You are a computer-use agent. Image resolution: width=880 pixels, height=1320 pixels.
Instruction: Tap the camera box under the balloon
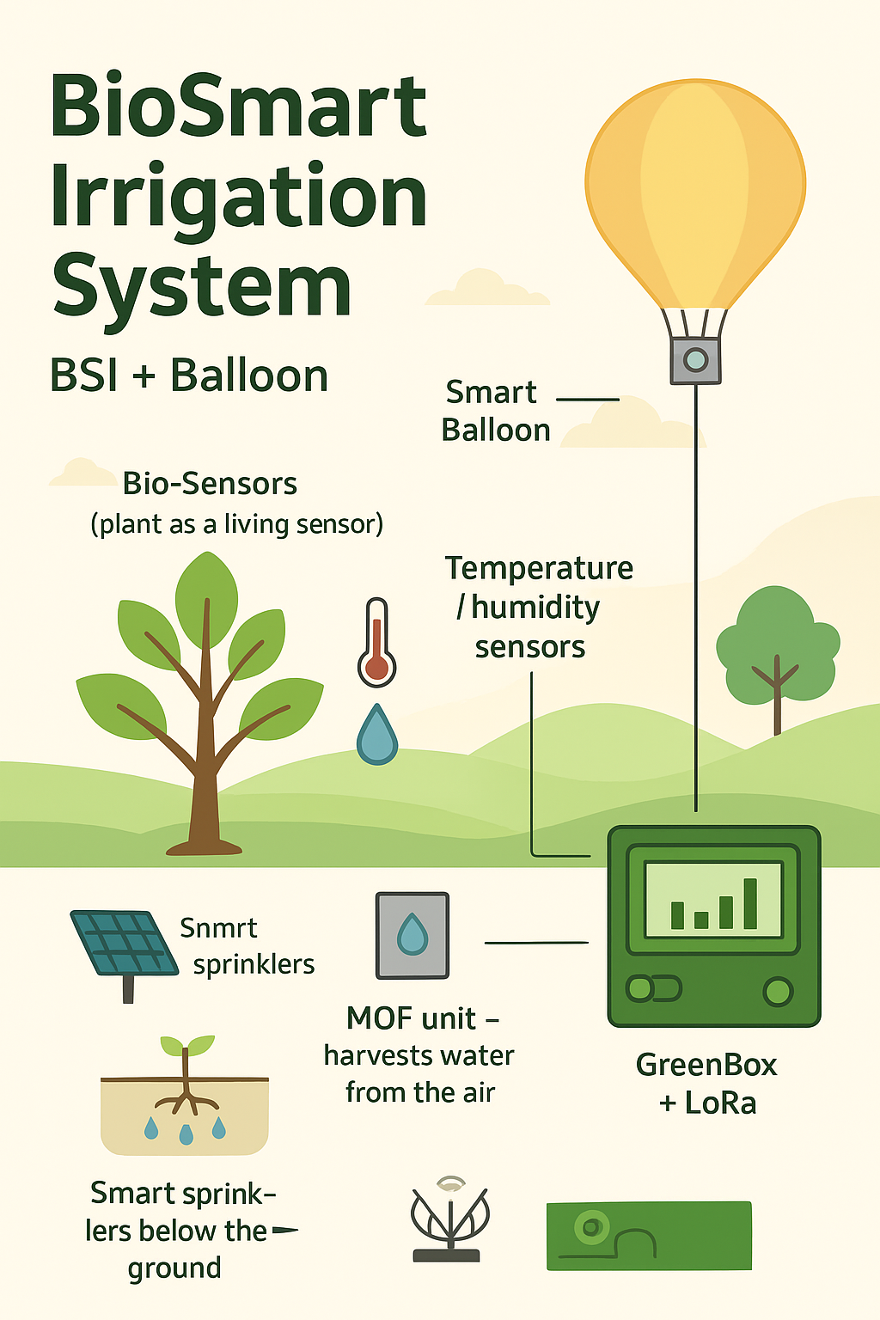tap(695, 359)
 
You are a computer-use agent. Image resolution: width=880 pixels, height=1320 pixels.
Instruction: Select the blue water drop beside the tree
tap(377, 736)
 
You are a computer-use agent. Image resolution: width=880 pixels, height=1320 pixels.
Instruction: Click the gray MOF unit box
tap(412, 935)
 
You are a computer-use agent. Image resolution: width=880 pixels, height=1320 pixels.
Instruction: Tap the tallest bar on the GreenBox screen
tap(750, 903)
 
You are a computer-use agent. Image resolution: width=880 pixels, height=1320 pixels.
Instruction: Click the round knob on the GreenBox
tap(778, 991)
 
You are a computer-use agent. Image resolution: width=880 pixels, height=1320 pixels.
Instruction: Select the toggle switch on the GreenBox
tap(653, 989)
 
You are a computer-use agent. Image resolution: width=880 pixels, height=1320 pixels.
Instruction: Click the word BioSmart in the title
tap(239, 107)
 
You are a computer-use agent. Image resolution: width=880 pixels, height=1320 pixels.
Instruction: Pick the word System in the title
tap(202, 285)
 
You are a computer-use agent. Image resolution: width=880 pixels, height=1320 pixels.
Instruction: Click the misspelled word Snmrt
tap(218, 928)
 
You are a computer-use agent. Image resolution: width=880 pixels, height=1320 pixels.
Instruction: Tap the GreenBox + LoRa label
tap(706, 1084)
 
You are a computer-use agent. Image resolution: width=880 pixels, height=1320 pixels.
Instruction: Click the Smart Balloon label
tap(495, 411)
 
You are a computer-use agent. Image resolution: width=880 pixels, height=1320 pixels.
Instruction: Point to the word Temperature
tap(539, 568)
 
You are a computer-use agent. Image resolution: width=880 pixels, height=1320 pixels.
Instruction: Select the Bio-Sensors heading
tap(210, 484)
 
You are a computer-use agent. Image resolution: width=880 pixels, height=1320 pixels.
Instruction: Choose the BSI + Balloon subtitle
tap(189, 376)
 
